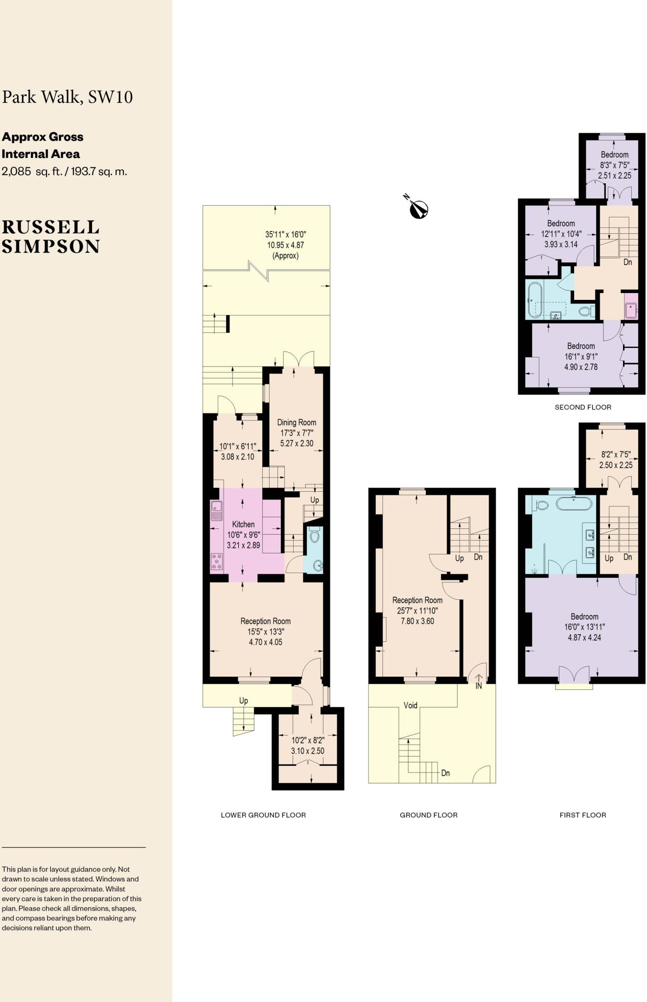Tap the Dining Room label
click(297, 422)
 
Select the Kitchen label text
click(243, 524)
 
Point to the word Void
click(410, 705)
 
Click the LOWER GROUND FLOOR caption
click(263, 815)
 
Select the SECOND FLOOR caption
click(583, 407)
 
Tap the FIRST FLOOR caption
click(583, 815)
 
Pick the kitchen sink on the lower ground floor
click(216, 511)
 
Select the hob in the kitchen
click(216, 562)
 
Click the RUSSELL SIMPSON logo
click(50, 237)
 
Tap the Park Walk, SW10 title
click(68, 97)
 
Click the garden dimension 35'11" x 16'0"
click(285, 234)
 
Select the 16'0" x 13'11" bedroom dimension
click(584, 627)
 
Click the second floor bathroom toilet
click(585, 310)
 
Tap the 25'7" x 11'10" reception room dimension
click(417, 611)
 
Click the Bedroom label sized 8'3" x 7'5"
click(614, 155)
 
